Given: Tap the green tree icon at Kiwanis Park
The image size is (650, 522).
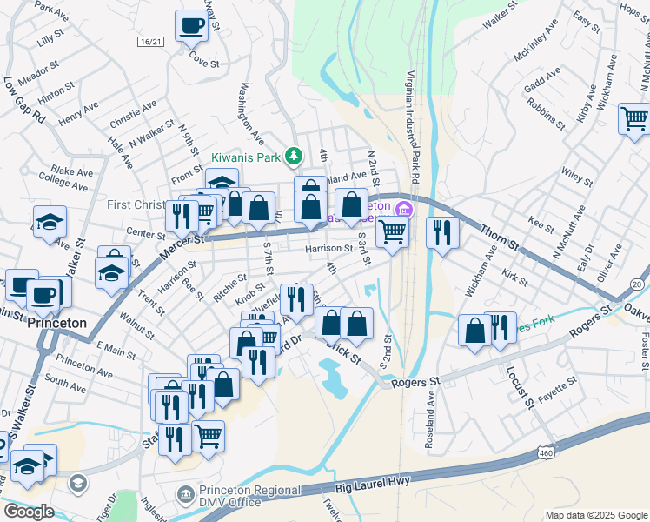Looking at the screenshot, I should tap(295, 156).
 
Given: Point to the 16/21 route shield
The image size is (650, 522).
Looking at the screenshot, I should tap(149, 41).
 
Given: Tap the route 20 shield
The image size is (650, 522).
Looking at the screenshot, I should tap(637, 284).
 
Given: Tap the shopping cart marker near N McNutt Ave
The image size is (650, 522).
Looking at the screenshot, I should tap(633, 118).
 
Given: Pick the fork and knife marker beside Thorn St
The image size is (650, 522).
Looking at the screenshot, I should tap(442, 232).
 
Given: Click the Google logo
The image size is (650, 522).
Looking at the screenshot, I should tap(29, 512).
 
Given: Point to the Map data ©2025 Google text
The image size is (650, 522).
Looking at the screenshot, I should tap(596, 515).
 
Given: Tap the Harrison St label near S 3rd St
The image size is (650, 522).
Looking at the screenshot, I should tap(327, 249).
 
